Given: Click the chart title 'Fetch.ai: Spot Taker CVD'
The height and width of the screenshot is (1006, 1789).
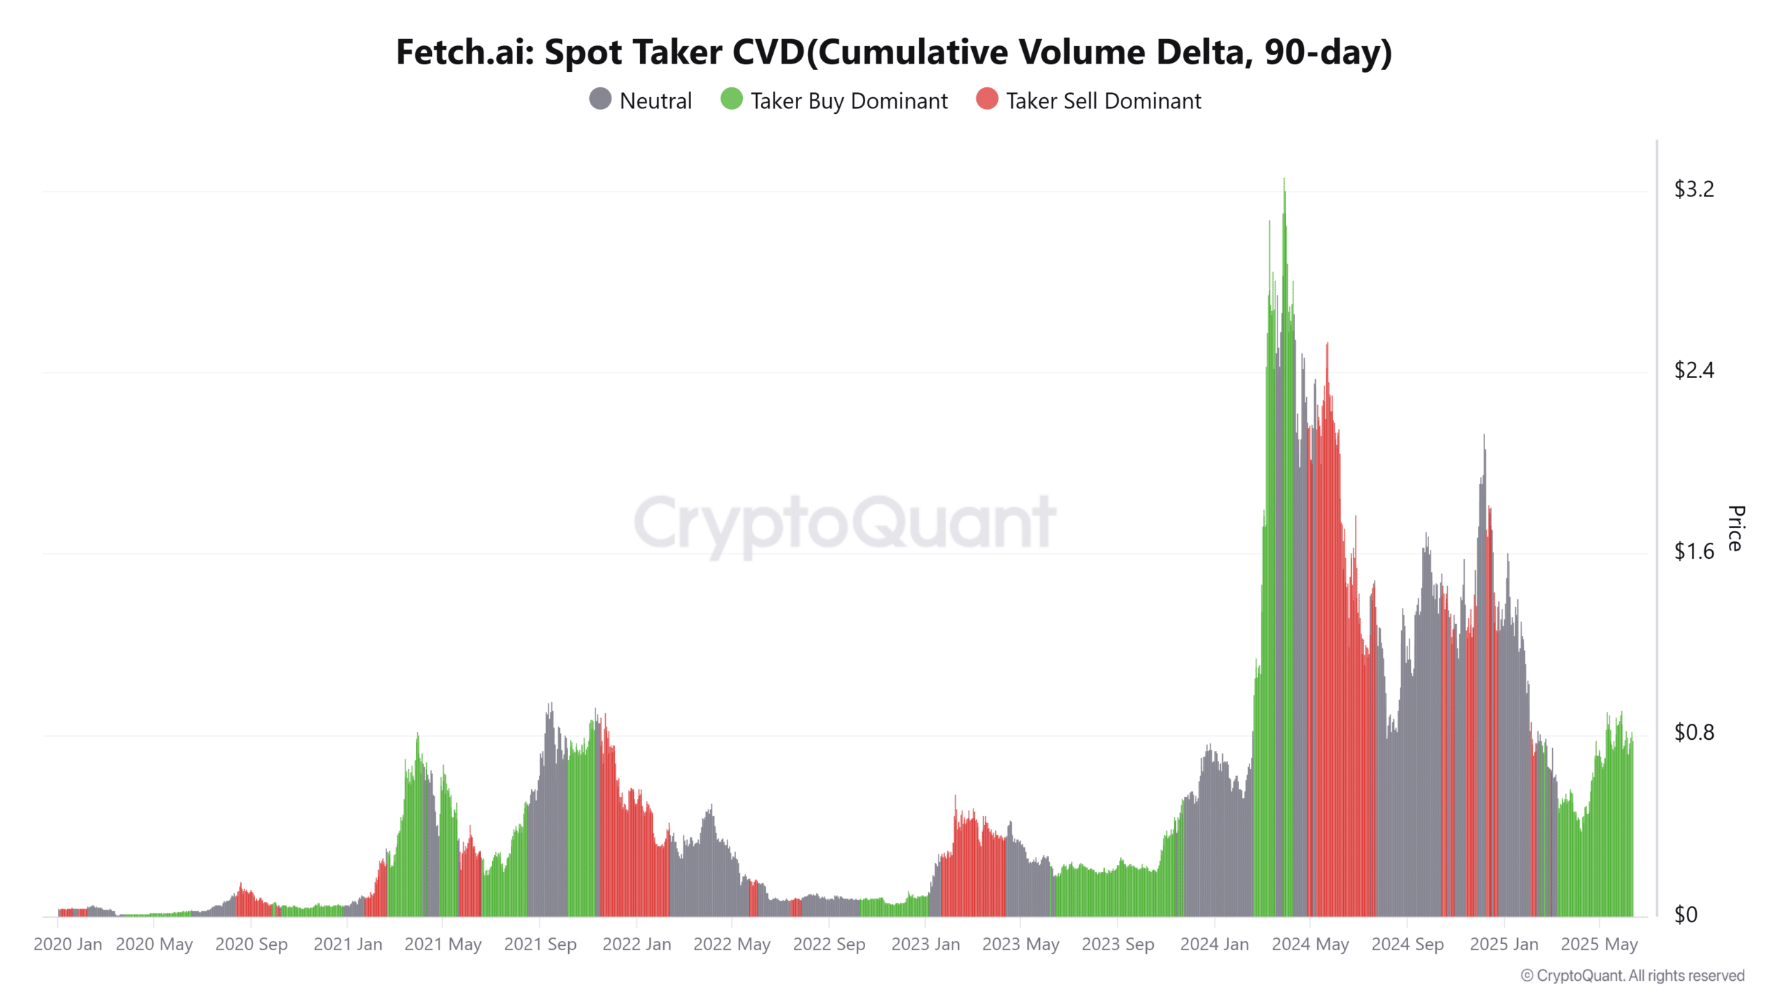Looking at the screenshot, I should (x=894, y=52).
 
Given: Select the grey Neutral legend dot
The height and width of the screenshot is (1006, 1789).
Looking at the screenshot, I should (x=600, y=99).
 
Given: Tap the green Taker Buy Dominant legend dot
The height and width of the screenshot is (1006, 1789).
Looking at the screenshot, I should (x=731, y=99).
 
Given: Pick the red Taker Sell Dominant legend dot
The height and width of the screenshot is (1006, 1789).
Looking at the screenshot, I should (x=987, y=99).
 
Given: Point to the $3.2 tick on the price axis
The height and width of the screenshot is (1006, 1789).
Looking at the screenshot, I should (x=1694, y=189).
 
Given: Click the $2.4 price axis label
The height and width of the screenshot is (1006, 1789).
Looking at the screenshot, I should (x=1694, y=370).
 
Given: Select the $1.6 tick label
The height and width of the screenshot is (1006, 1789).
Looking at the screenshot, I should (x=1694, y=552).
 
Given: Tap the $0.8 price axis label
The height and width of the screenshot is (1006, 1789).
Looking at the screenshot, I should (x=1694, y=733).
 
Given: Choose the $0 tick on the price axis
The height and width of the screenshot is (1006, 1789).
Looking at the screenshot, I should (x=1686, y=914).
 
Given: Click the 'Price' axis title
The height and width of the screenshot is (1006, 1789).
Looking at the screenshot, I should (x=1736, y=528).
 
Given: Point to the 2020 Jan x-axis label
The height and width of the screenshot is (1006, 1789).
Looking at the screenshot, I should (x=68, y=945).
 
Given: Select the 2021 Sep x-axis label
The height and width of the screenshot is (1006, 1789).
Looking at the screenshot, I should (x=540, y=945).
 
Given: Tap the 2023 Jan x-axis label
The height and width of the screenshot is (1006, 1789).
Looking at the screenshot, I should (x=925, y=945).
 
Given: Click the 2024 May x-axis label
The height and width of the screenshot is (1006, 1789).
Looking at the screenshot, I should (x=1310, y=945).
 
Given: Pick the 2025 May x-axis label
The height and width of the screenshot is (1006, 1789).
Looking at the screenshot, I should (x=1599, y=945).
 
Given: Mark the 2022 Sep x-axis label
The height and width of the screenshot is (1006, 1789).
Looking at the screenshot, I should (x=829, y=945).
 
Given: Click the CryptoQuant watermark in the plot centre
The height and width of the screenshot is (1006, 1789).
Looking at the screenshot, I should (x=845, y=523).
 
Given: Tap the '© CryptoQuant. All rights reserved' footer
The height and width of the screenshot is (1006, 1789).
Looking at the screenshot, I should (x=1632, y=976).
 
